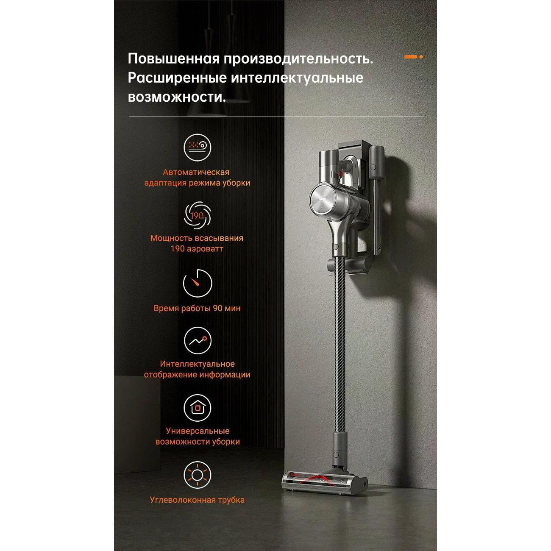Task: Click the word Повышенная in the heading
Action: pos(173,58)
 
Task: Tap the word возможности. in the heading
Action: pos(176,97)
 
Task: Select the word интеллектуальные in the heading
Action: pos(297,78)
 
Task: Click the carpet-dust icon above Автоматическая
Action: pos(197,147)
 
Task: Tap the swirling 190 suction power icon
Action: pos(197,216)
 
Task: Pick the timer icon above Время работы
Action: pos(197,284)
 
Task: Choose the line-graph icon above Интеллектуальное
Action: pos(197,340)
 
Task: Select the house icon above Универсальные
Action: pos(197,408)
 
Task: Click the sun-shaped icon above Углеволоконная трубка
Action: pos(197,475)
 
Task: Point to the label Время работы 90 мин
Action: pos(197,309)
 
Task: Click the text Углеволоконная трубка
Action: pos(197,500)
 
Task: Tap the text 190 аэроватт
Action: pos(197,249)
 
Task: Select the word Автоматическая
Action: pos(196,172)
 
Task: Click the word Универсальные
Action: pos(198,431)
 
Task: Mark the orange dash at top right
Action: pos(410,57)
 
